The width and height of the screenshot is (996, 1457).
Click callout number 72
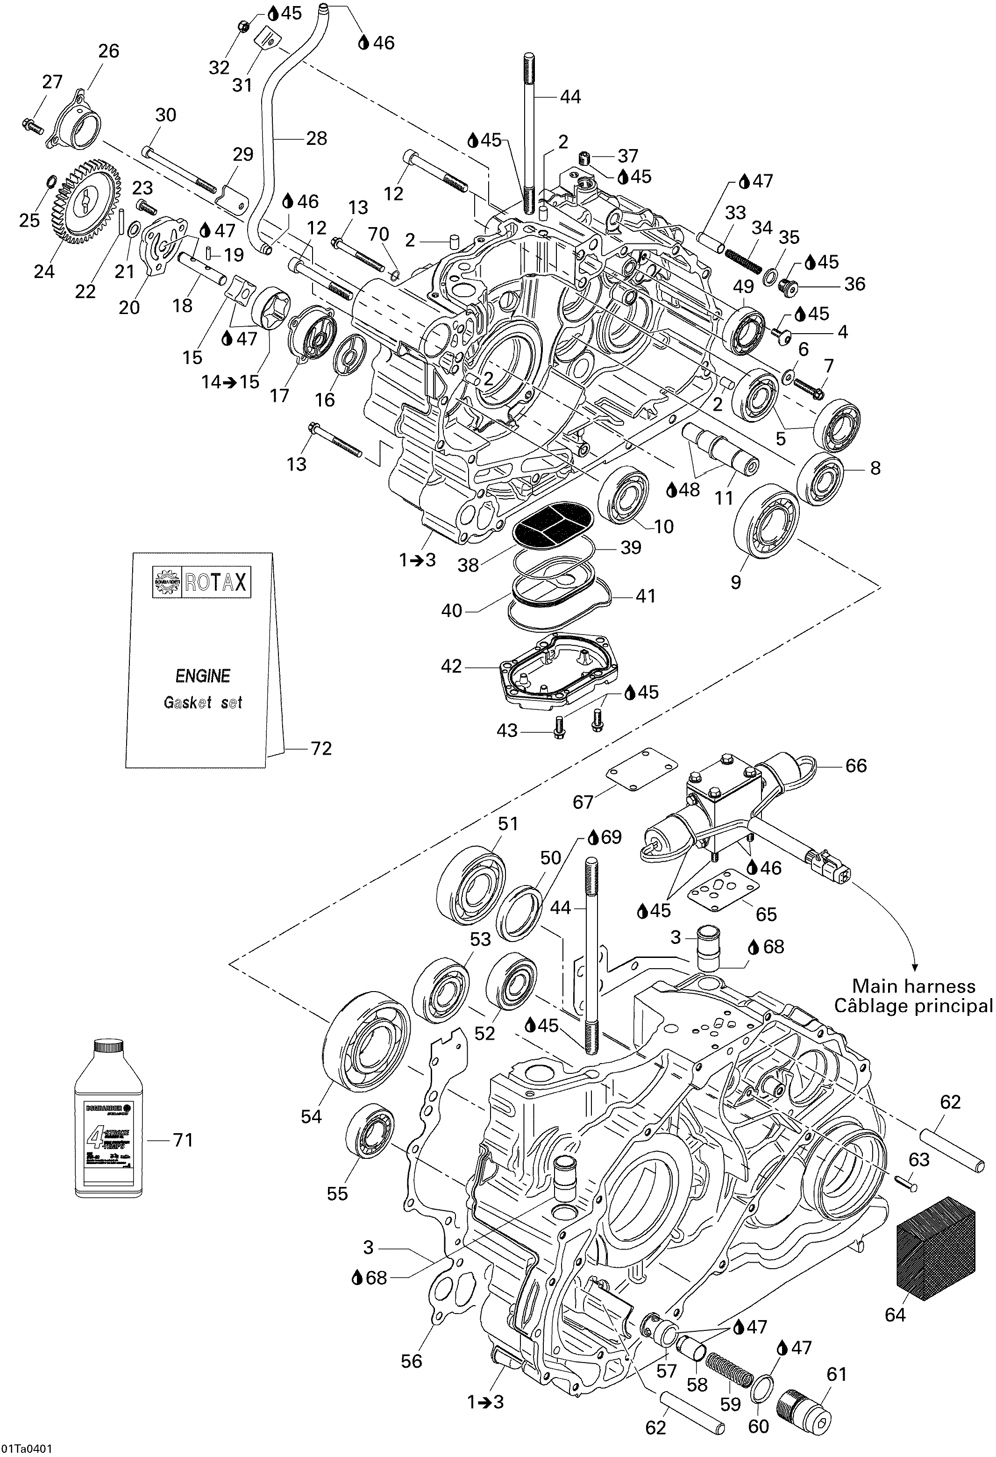[x=320, y=748]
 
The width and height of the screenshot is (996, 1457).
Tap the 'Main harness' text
[x=913, y=986]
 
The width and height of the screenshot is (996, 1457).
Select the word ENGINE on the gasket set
[x=202, y=676]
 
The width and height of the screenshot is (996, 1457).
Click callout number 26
[x=108, y=51]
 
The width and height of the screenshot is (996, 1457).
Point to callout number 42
[x=451, y=666]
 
